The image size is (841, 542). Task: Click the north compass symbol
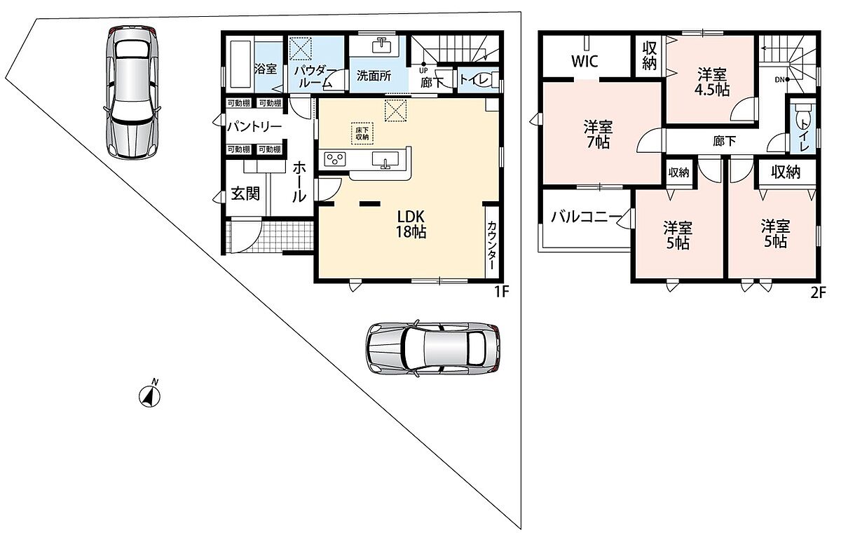[149, 395]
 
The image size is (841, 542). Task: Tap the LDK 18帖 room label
[411, 224]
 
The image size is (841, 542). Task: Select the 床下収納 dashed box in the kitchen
[362, 133]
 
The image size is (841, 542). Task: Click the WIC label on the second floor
[584, 61]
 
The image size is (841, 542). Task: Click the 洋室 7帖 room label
[598, 135]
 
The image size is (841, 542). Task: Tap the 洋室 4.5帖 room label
[712, 82]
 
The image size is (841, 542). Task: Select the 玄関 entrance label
[245, 194]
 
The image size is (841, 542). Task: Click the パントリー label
[254, 127]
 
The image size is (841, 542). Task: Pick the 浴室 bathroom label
[266, 69]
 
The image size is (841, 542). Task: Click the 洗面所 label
[374, 76]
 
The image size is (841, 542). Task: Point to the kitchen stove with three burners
[335, 159]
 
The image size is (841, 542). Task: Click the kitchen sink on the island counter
[385, 159]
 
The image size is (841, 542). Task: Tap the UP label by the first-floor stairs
[423, 71]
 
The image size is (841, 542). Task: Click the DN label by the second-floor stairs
[779, 80]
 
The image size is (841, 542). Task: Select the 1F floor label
[501, 292]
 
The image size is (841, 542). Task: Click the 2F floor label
[818, 292]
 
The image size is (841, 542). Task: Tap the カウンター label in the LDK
[491, 245]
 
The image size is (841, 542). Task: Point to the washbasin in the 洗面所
[381, 46]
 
